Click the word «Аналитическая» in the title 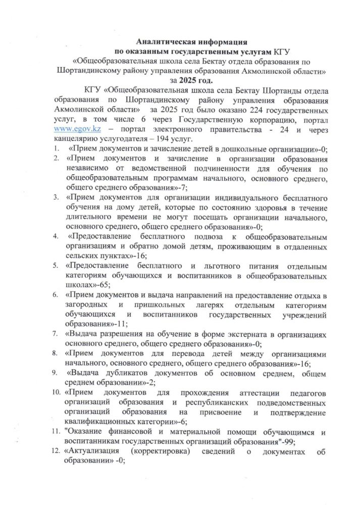(161, 42)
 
